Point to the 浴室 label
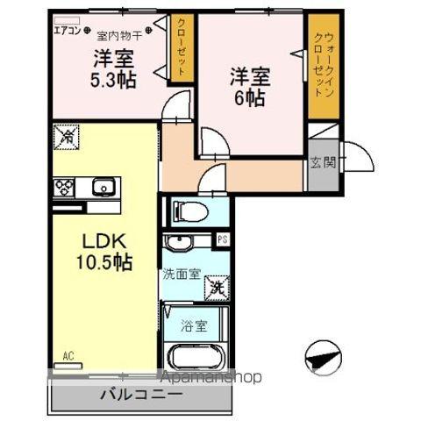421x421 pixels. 196,325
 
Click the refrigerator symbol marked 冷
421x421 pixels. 66,136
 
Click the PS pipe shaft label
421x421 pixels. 223,239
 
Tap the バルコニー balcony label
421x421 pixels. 140,394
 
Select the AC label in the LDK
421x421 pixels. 68,356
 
